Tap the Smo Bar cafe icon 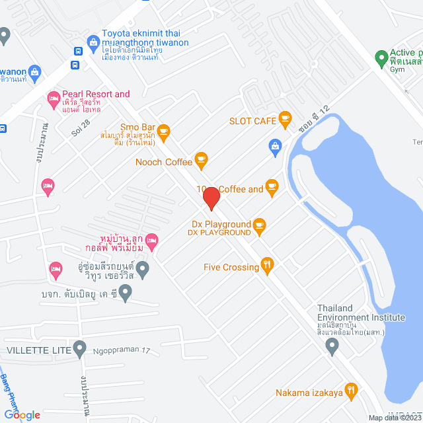coord(164,131)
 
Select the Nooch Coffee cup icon coord(202,159)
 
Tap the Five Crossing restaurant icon coord(267,266)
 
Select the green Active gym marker coord(381,58)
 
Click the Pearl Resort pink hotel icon coord(54,100)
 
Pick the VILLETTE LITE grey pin coord(80,347)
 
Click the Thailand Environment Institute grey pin coord(333,345)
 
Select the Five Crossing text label coord(231,267)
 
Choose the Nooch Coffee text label coord(164,161)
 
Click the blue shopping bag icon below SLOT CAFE coord(275,145)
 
